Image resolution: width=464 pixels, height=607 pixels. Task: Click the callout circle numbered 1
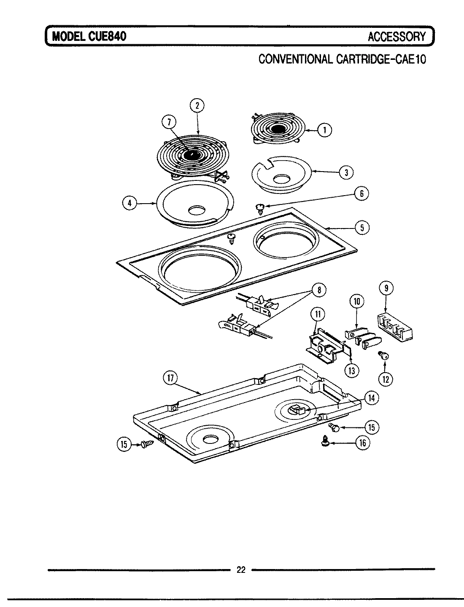pos(324,130)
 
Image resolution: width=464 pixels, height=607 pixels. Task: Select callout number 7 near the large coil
pos(169,122)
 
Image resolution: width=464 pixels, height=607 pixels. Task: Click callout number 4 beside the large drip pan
pos(130,203)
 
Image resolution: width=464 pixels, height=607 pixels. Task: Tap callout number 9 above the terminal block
pos(386,288)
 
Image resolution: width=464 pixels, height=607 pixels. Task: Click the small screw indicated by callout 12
pos(384,356)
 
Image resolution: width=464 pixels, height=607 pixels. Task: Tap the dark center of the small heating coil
pos(277,129)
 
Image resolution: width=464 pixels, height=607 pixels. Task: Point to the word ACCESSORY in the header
pos(397,37)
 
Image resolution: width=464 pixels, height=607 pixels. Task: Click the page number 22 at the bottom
pos(240,570)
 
